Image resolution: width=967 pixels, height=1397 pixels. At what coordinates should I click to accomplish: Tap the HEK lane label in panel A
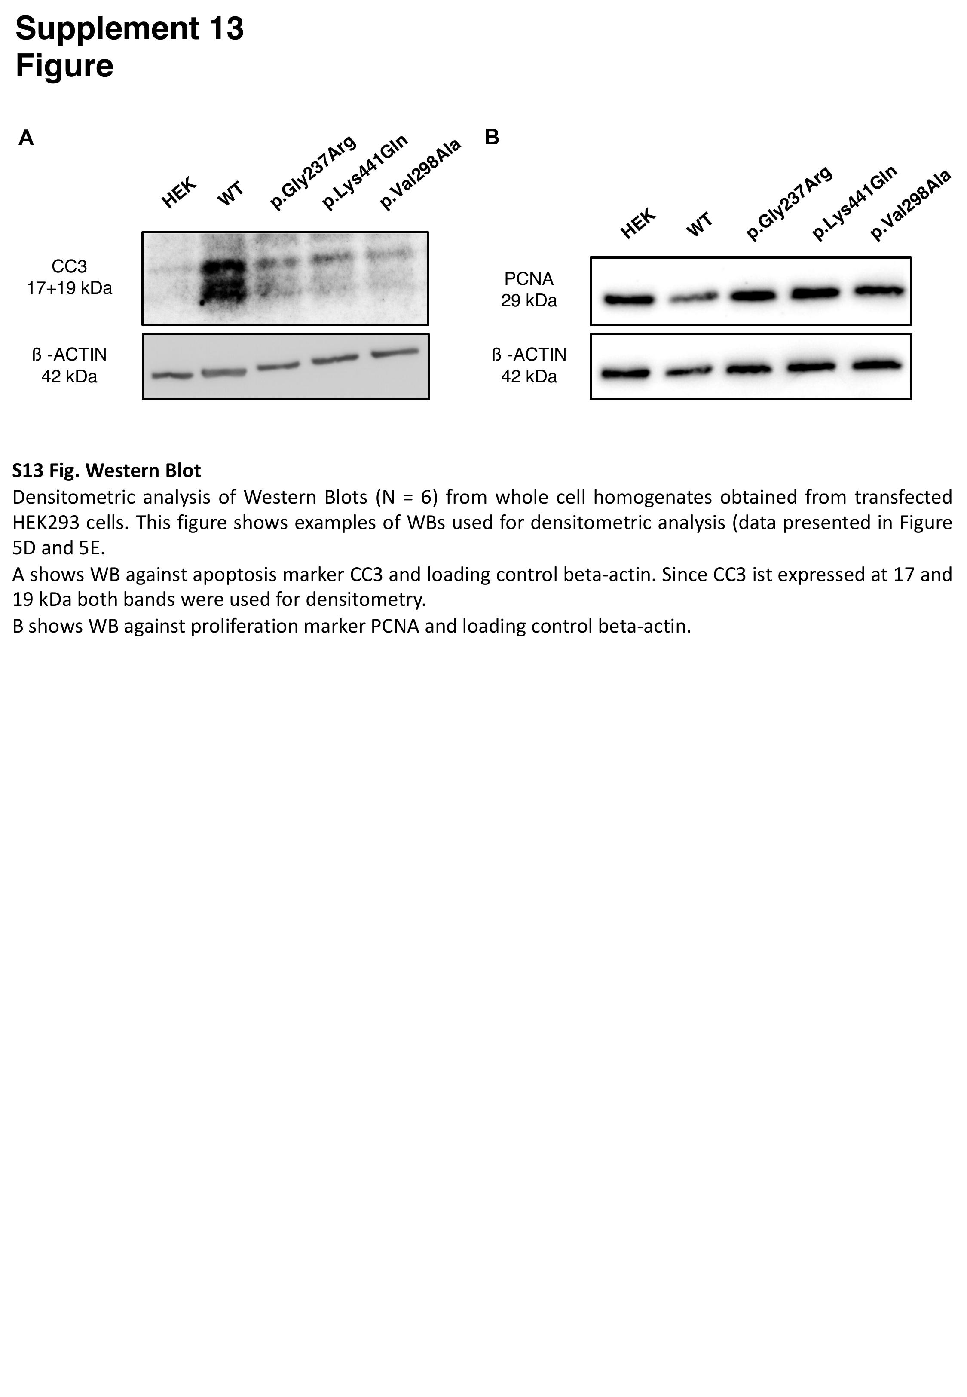click(179, 193)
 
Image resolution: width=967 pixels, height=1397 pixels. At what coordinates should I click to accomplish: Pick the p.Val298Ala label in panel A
click(420, 174)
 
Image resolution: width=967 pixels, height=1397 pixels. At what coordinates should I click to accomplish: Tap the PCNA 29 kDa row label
click(529, 290)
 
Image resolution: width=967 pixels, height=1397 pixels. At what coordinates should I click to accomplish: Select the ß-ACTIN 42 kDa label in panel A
click(69, 365)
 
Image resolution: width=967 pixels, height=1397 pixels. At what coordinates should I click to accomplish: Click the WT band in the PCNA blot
click(693, 297)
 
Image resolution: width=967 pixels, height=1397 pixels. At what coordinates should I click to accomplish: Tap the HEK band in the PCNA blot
click(629, 299)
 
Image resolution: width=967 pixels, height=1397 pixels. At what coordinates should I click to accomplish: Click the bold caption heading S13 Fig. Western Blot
click(107, 471)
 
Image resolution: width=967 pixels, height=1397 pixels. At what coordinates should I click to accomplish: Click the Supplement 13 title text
click(130, 28)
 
